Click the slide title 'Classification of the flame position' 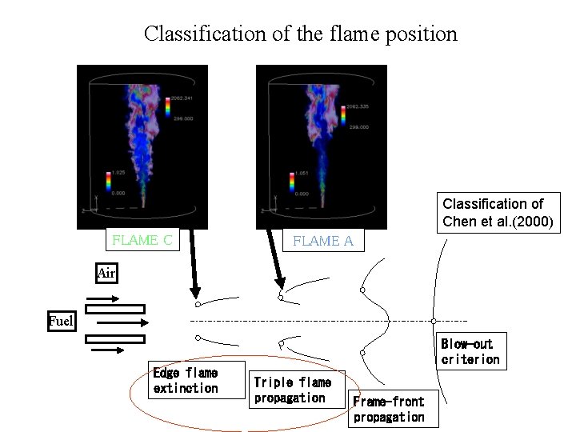click(300, 34)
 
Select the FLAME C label click(142, 240)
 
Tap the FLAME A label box click(323, 241)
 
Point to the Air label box click(106, 273)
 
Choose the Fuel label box click(60, 322)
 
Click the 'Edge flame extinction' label click(185, 380)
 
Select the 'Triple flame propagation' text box click(292, 390)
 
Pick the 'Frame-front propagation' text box click(389, 409)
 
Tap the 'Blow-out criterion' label click(470, 351)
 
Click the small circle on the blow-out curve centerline click(434, 322)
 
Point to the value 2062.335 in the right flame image click(357, 106)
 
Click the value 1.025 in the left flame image click(118, 172)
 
